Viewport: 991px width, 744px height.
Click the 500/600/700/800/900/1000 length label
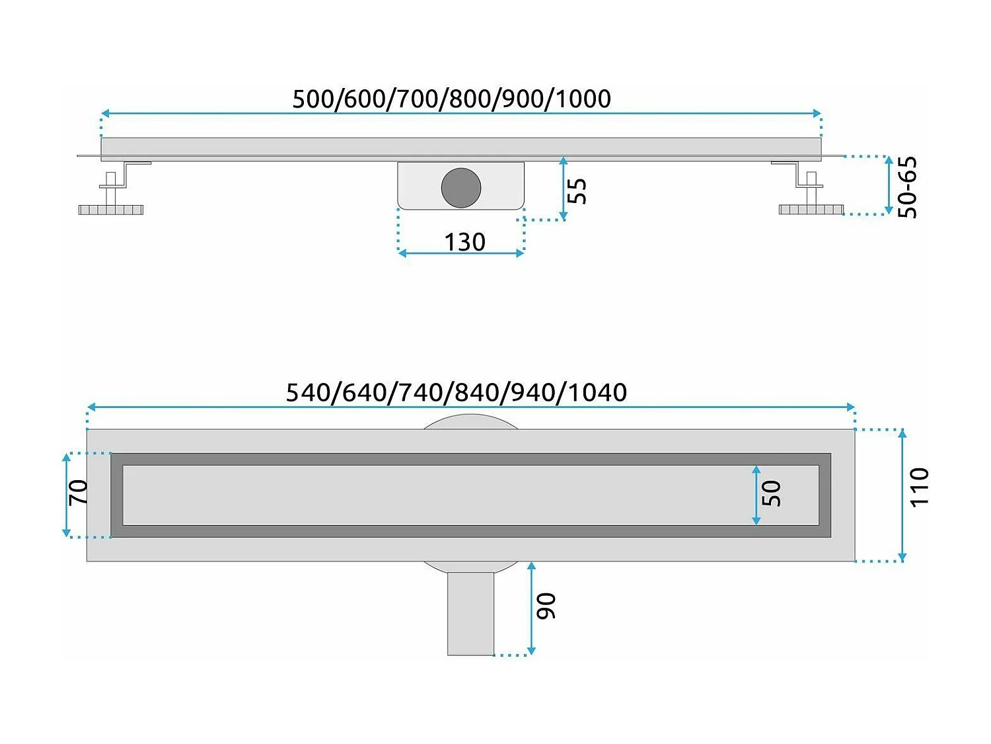[x=451, y=99]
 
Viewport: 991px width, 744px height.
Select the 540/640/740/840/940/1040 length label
[x=456, y=393]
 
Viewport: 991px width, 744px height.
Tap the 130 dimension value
[x=464, y=242]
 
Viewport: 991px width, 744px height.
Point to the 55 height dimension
[x=577, y=191]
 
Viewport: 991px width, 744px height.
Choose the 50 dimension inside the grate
[x=771, y=494]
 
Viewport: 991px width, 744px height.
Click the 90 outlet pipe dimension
[x=546, y=606]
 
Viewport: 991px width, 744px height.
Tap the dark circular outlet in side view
[x=461, y=187]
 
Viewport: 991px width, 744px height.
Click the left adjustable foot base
[x=111, y=210]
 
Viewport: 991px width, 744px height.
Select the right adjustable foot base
[x=811, y=210]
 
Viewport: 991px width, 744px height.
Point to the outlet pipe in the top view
[x=470, y=613]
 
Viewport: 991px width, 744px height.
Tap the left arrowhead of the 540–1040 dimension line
[x=91, y=407]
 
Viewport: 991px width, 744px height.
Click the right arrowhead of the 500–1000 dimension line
[x=817, y=114]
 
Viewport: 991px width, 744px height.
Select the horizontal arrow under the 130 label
[x=461, y=253]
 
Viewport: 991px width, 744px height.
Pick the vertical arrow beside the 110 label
[x=902, y=495]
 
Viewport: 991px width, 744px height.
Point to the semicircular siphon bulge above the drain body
[x=470, y=422]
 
